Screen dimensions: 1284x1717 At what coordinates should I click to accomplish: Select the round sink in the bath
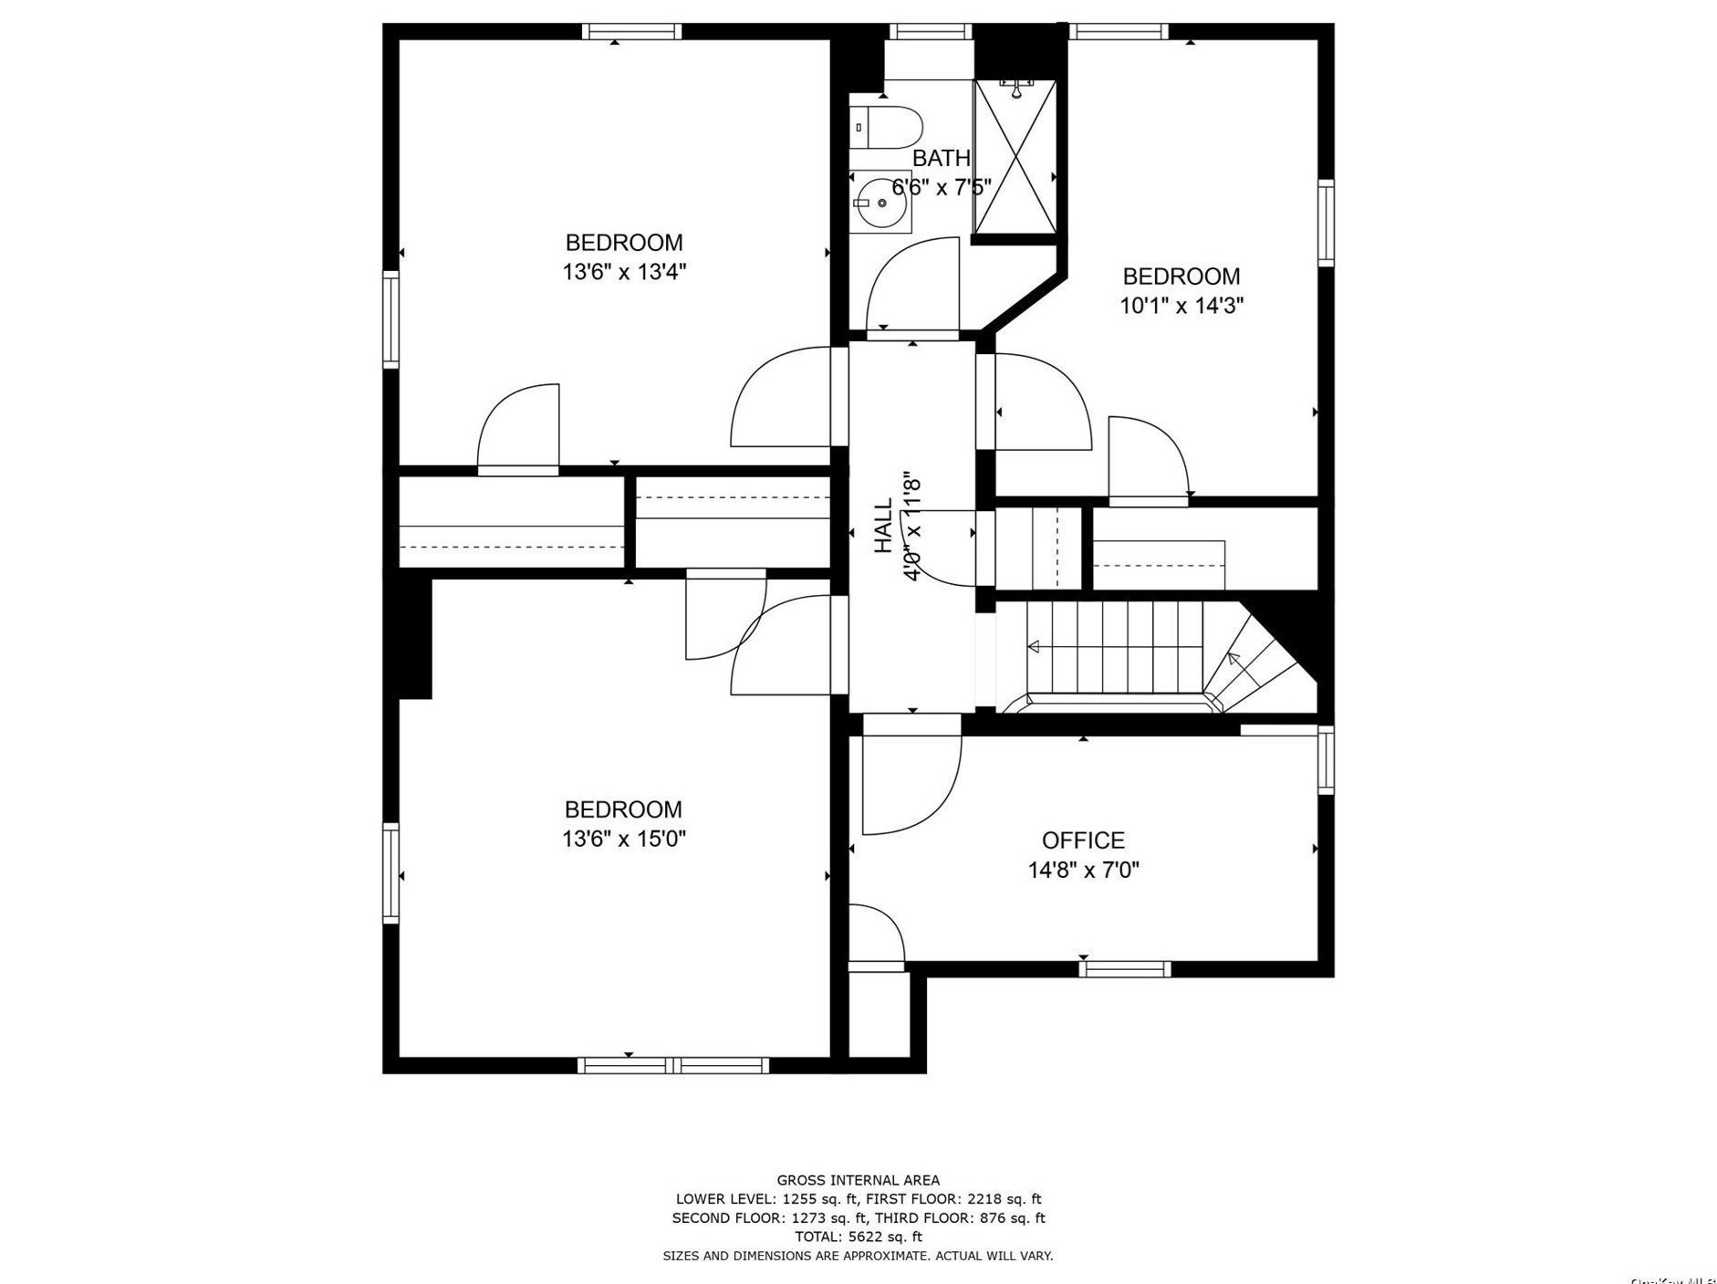[x=881, y=203]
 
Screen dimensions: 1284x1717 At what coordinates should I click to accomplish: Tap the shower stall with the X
[x=1015, y=158]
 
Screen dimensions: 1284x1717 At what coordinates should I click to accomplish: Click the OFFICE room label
[x=1083, y=840]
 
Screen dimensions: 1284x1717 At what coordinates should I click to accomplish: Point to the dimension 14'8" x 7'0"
[x=1083, y=870]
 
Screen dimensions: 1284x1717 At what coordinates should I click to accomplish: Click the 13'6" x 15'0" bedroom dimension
[x=623, y=839]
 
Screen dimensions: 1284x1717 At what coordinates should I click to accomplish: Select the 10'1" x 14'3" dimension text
[x=1181, y=305]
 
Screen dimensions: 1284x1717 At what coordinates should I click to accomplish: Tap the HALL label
[x=883, y=526]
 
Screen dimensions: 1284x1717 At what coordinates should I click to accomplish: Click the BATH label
[x=941, y=158]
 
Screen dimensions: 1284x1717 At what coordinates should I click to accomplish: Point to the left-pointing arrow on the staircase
[x=1035, y=646]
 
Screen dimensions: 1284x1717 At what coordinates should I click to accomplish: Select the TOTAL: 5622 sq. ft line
[x=858, y=1237]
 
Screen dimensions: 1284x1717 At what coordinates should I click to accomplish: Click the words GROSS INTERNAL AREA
[x=858, y=1180]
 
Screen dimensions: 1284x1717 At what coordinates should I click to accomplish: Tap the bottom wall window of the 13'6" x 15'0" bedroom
[x=673, y=1064]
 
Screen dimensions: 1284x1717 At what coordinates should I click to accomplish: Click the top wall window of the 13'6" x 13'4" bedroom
[x=631, y=32]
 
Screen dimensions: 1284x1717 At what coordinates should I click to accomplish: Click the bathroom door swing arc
[x=912, y=283]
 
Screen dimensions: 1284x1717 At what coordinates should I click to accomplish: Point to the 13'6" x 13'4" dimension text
[x=623, y=272]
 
